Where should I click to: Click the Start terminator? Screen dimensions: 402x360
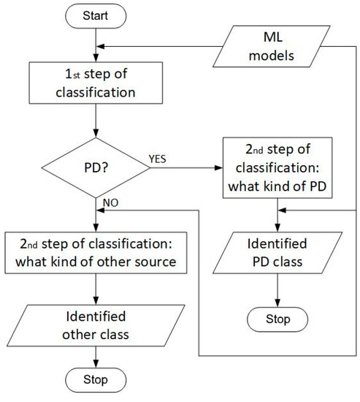tap(96, 15)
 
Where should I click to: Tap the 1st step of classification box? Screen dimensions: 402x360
tap(96, 83)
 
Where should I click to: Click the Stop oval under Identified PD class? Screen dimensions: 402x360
tap(277, 319)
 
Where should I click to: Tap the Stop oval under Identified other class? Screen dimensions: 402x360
tap(96, 379)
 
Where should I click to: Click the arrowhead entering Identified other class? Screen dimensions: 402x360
tap(96, 302)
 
